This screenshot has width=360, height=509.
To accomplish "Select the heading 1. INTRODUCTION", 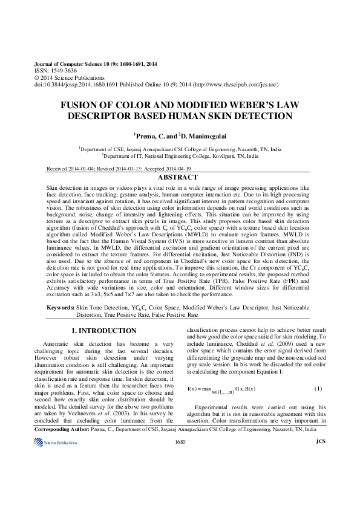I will pos(104,331).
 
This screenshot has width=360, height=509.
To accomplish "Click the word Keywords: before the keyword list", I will pos(61,308).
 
